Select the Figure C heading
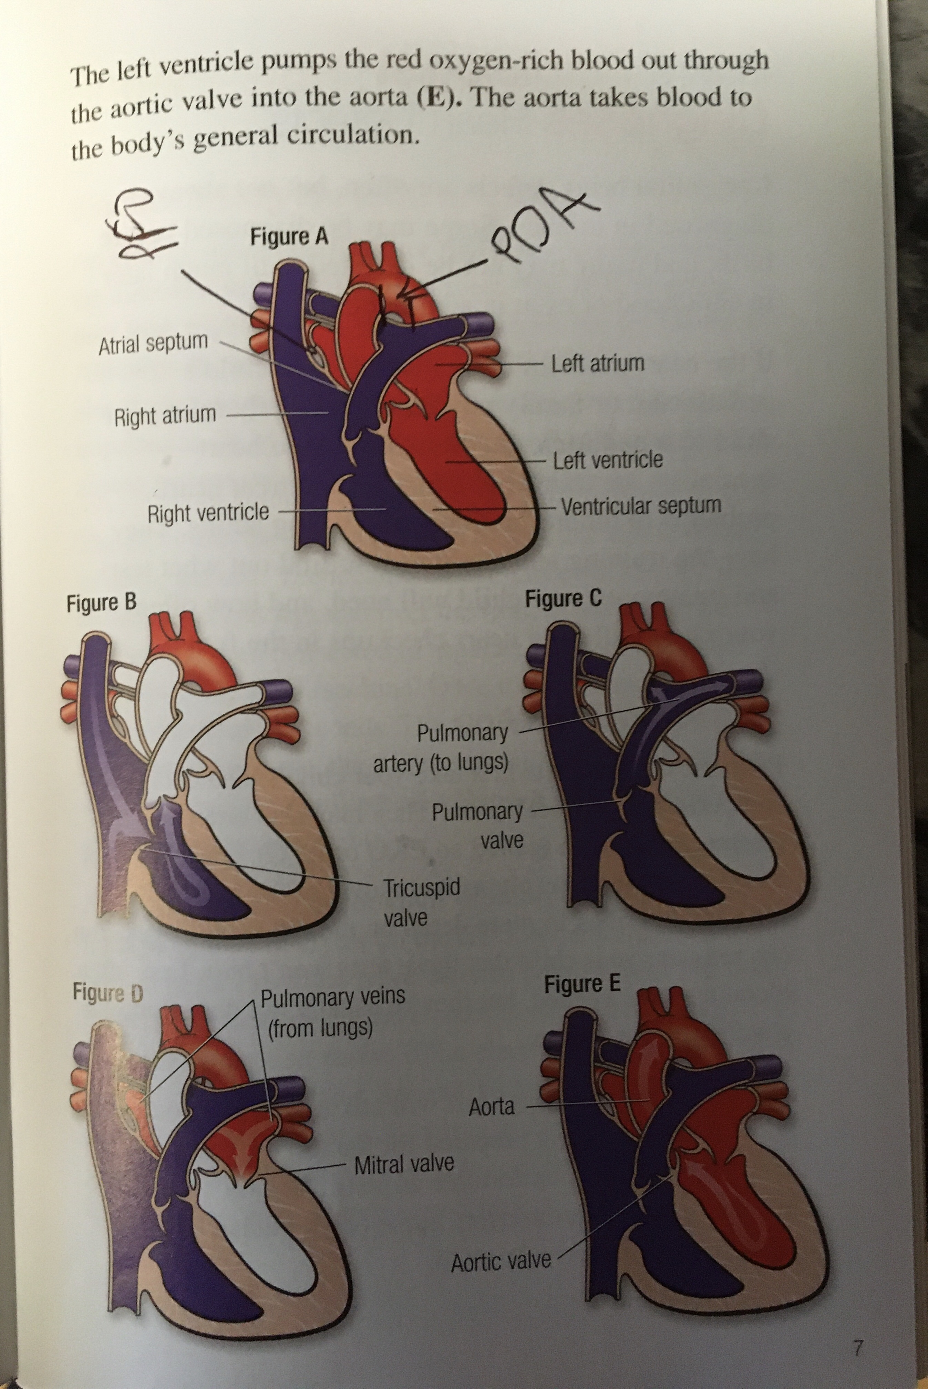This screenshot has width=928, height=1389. click(x=563, y=599)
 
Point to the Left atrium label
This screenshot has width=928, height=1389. click(x=598, y=363)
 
